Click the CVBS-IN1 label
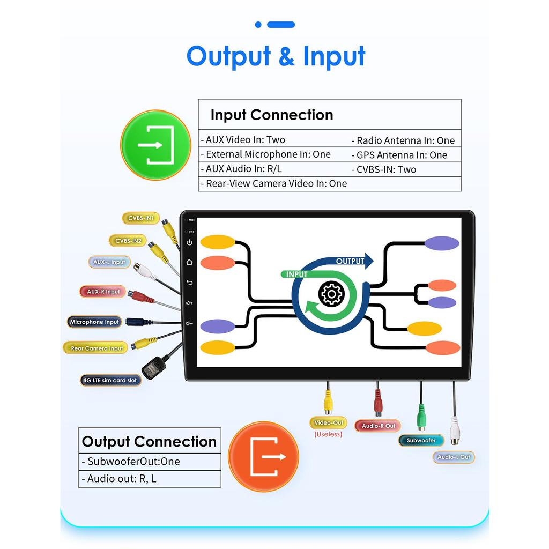(140, 218)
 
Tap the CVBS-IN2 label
(128, 241)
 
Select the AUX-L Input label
(109, 262)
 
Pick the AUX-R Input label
(103, 292)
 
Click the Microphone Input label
(94, 322)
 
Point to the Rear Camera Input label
(97, 348)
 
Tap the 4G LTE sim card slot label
(109, 380)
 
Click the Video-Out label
(328, 422)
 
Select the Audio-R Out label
(378, 426)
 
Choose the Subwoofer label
(421, 440)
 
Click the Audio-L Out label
(454, 457)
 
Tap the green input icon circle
(155, 145)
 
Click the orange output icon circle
(264, 456)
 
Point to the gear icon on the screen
(331, 294)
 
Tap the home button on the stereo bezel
(189, 262)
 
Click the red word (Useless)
(328, 434)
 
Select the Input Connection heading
(271, 115)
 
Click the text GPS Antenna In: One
(402, 155)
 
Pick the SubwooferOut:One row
(133, 462)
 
